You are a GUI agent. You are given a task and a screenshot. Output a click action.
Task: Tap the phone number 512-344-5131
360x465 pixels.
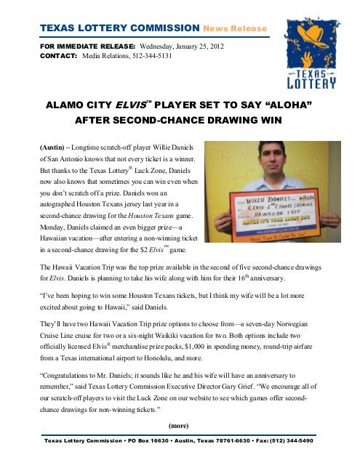(148, 54)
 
